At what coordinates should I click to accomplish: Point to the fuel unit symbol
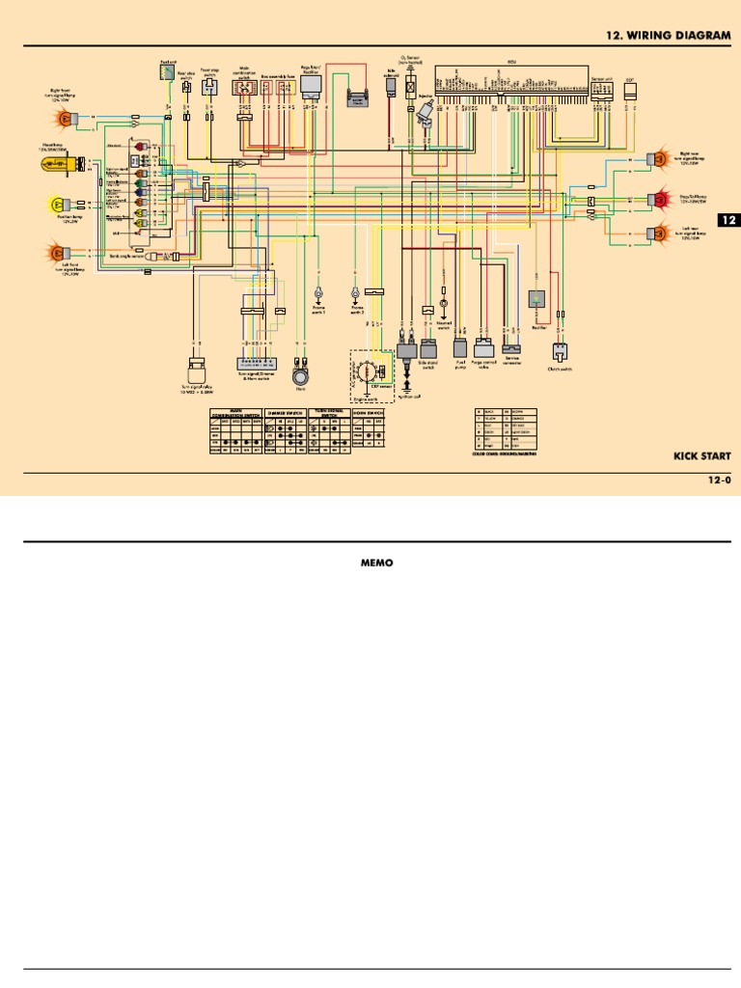click(x=168, y=70)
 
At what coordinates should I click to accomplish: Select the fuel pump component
click(x=458, y=346)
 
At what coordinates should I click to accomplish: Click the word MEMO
click(x=370, y=563)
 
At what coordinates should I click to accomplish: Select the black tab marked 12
click(x=728, y=221)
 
